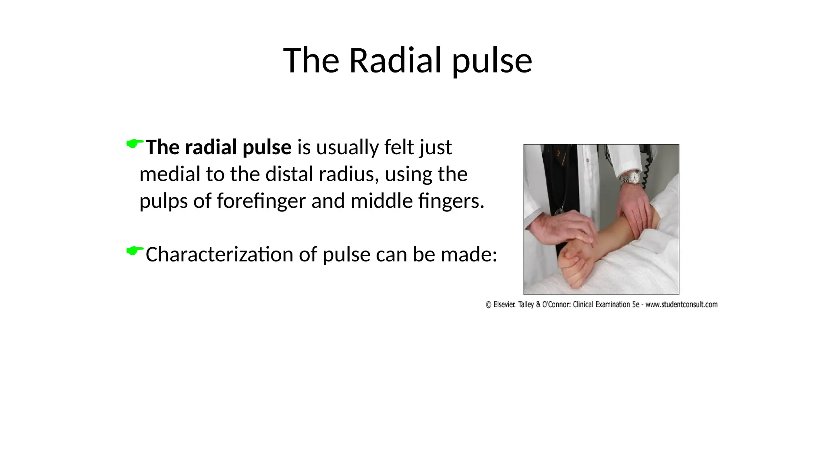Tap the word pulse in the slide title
click(492, 61)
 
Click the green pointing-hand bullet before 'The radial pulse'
click(135, 143)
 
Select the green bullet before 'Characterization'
click(135, 251)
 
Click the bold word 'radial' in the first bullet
click(211, 147)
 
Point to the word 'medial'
click(170, 174)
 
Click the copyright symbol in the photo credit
click(488, 305)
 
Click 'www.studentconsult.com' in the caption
click(681, 304)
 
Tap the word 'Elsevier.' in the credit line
click(504, 305)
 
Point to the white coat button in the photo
click(588, 160)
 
